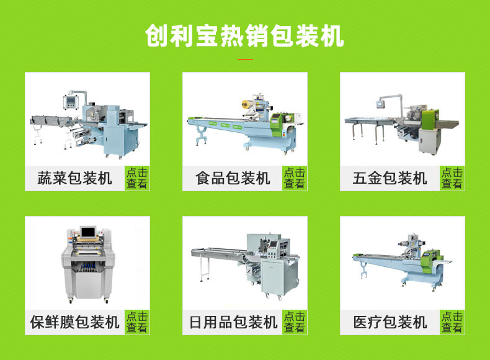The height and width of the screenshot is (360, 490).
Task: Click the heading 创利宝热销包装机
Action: pyautogui.click(x=244, y=36)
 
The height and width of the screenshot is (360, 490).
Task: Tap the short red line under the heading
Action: pyautogui.click(x=246, y=59)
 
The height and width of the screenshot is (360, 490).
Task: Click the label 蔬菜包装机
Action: pyautogui.click(x=74, y=178)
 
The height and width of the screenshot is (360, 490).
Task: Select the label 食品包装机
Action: pyautogui.click(x=233, y=178)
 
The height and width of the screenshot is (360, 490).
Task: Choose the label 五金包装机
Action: pyautogui.click(x=390, y=178)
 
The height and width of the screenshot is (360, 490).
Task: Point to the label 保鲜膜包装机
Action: pyautogui.click(x=74, y=322)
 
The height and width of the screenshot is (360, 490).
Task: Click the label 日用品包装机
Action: pyautogui.click(x=233, y=322)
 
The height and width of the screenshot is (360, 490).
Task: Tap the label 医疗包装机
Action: pyautogui.click(x=390, y=322)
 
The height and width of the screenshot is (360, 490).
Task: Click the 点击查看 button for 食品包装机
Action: pyautogui.click(x=295, y=178)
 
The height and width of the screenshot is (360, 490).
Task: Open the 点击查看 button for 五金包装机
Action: pyautogui.click(x=452, y=178)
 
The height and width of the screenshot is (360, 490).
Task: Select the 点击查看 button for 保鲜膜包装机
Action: pyautogui.click(x=137, y=322)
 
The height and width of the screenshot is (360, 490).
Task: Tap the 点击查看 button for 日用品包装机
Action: pyautogui.click(x=295, y=322)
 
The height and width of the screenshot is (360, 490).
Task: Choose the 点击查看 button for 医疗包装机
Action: pyautogui.click(x=452, y=322)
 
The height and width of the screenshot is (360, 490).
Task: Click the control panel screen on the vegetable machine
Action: pyautogui.click(x=70, y=101)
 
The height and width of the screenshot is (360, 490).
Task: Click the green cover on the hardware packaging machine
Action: pyautogui.click(x=430, y=119)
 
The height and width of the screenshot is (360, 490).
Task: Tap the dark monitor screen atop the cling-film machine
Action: pyautogui.click(x=88, y=232)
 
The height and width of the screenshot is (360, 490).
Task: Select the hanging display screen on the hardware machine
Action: pyautogui.click(x=380, y=104)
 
